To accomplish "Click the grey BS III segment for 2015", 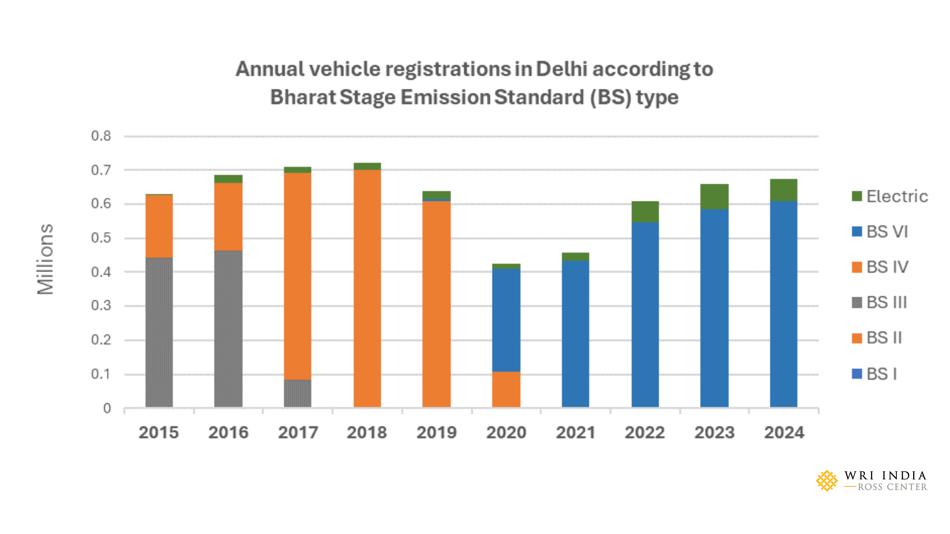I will (159, 332).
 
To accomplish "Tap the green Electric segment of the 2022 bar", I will (645, 212).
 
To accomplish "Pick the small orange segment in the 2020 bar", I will (506, 389).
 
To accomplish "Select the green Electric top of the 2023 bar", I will (714, 197).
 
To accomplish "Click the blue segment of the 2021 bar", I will (575, 334).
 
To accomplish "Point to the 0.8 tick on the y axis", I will (101, 136).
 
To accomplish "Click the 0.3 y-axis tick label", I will (101, 306).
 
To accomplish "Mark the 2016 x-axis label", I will (228, 432).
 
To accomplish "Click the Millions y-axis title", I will (45, 259).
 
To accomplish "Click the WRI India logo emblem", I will (827, 481).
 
